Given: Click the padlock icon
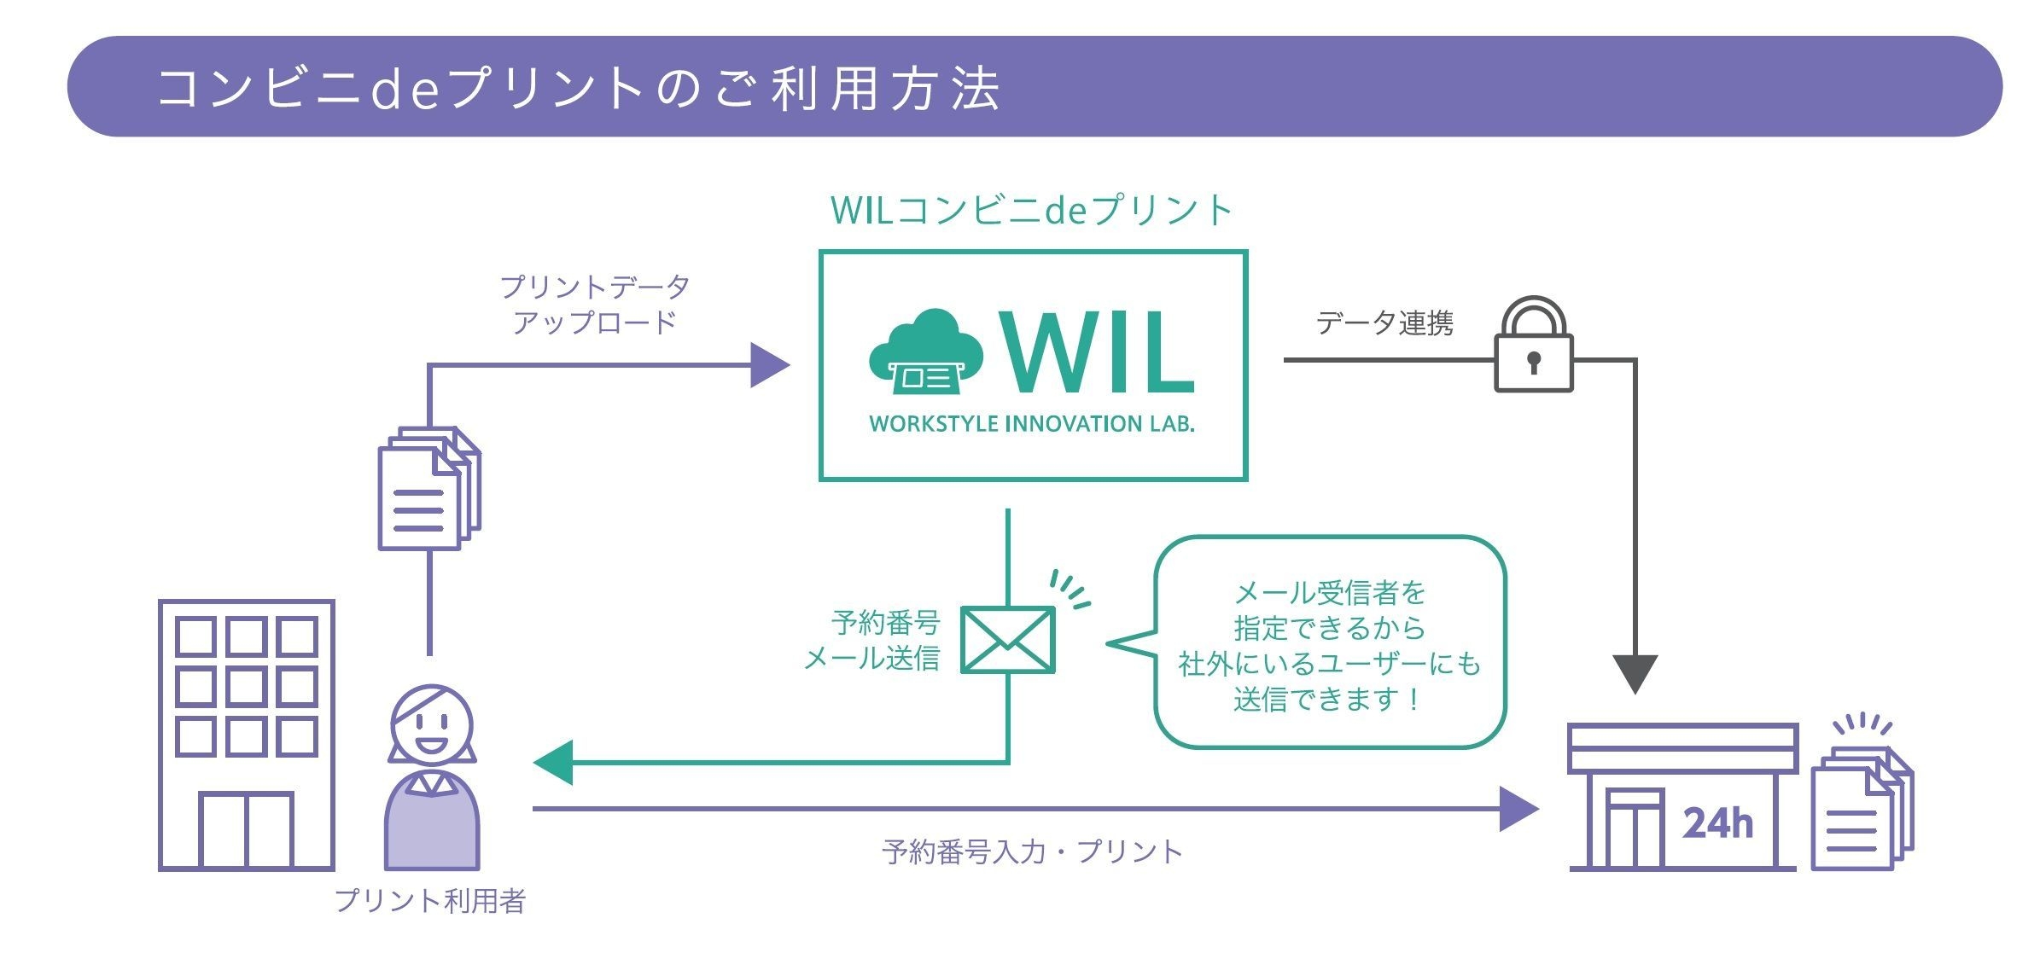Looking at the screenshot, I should [x=1533, y=346].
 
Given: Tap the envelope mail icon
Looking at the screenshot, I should [x=1007, y=640].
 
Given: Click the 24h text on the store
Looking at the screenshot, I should [x=1717, y=823].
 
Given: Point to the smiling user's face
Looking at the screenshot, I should [x=432, y=725].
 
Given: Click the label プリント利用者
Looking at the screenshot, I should [x=429, y=901].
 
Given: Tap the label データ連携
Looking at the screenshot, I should [x=1384, y=323].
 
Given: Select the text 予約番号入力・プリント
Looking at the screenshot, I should [x=1032, y=851].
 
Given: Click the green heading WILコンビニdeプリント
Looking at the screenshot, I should [x=1032, y=211].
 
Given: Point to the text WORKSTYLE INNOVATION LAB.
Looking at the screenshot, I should [x=1032, y=424].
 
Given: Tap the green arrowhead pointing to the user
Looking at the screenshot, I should [x=553, y=762].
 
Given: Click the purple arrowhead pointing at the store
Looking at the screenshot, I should [x=1518, y=809].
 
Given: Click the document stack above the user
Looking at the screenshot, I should [x=428, y=489].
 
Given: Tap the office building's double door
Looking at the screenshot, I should [x=246, y=829].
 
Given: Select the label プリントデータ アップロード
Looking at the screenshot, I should [x=594, y=305].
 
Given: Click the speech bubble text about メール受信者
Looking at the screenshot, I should [x=1329, y=646].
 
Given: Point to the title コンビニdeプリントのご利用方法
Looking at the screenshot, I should [x=579, y=89].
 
